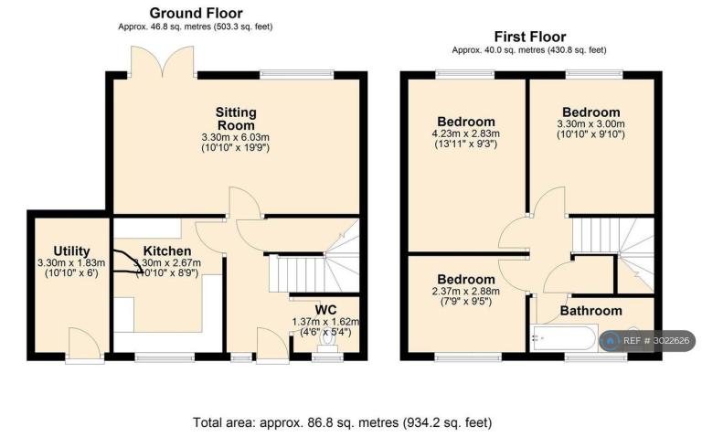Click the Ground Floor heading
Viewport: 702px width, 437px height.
click(197, 13)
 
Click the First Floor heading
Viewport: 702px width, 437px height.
click(530, 37)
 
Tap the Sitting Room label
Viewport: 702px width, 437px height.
click(236, 118)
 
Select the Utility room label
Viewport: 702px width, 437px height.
click(71, 251)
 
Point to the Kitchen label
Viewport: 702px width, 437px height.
click(167, 251)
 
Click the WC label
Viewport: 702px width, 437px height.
click(325, 310)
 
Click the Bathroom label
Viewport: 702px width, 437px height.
click(591, 311)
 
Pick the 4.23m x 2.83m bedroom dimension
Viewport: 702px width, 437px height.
click(465, 133)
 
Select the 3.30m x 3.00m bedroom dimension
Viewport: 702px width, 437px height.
click(591, 124)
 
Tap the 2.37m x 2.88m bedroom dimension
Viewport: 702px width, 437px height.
click(465, 292)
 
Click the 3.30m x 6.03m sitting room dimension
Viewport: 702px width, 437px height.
click(236, 137)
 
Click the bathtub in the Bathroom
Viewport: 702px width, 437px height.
click(563, 338)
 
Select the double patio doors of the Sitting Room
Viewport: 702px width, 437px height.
click(162, 61)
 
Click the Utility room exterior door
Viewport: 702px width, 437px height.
click(85, 344)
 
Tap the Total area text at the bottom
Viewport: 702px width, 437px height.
click(342, 422)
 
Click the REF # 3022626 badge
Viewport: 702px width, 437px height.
click(647, 341)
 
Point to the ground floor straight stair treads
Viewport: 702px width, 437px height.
click(297, 273)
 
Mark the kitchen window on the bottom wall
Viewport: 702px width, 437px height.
click(165, 357)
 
